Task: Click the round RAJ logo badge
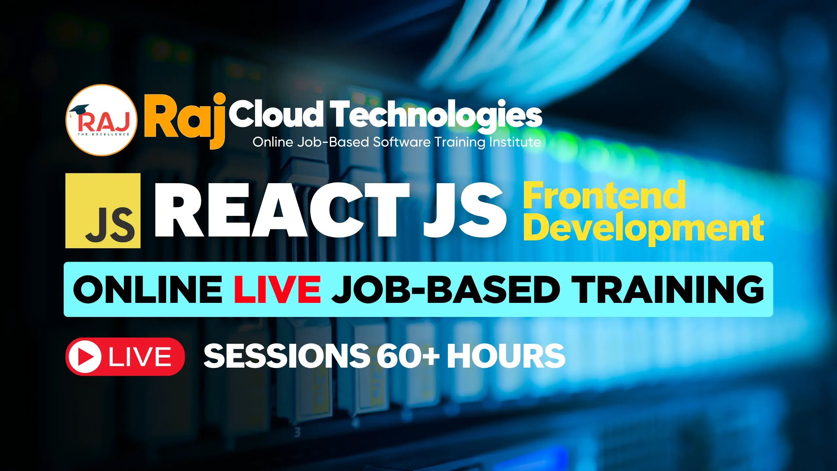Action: [102, 120]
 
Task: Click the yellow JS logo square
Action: [103, 211]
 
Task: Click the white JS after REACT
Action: [465, 210]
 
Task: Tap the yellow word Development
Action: [644, 228]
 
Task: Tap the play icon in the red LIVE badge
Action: [85, 357]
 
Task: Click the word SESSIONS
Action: [286, 356]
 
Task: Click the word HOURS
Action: [506, 356]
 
